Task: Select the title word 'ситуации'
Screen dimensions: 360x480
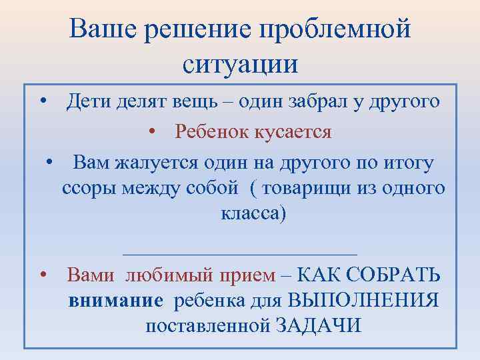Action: tap(239, 65)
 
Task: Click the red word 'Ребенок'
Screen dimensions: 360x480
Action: tap(211, 132)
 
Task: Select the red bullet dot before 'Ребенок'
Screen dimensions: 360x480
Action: tap(153, 133)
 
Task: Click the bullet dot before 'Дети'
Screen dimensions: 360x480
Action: tap(43, 102)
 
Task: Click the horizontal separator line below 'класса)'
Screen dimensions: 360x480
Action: tap(241, 253)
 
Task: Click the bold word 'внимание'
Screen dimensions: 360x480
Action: tap(115, 300)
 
